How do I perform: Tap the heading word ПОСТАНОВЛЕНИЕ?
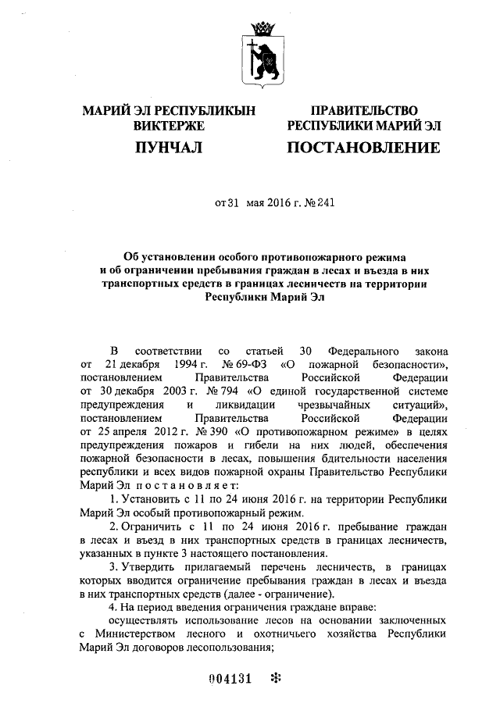coord(363,147)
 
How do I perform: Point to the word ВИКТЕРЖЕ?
coord(169,125)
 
